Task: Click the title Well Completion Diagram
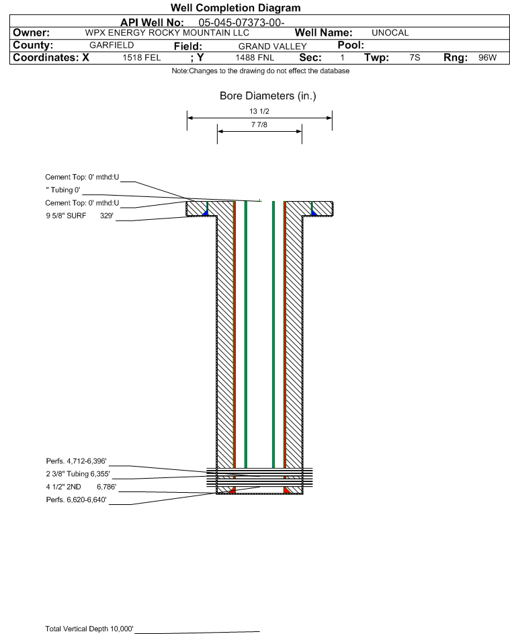tap(236, 7)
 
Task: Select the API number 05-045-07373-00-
tap(241, 23)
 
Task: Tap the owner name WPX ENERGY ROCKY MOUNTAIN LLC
tap(167, 33)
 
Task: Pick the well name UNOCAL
tap(390, 33)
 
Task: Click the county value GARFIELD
tap(112, 45)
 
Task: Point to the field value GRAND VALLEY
tap(272, 46)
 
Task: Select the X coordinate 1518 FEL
tap(141, 57)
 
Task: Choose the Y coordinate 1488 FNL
tap(255, 57)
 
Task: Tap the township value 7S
tap(415, 57)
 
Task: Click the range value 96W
tap(487, 57)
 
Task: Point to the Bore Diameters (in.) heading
tap(268, 96)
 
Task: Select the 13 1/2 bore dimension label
tap(259, 111)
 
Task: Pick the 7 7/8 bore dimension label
tap(259, 124)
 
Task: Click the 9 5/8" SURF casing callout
tap(66, 216)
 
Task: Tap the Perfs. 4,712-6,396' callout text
tap(77, 461)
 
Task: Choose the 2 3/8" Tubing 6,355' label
tap(78, 474)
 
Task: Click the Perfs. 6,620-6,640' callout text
tap(77, 500)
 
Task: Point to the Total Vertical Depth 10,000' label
tap(89, 629)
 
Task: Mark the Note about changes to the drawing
tap(261, 71)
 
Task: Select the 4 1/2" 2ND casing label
tap(63, 487)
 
